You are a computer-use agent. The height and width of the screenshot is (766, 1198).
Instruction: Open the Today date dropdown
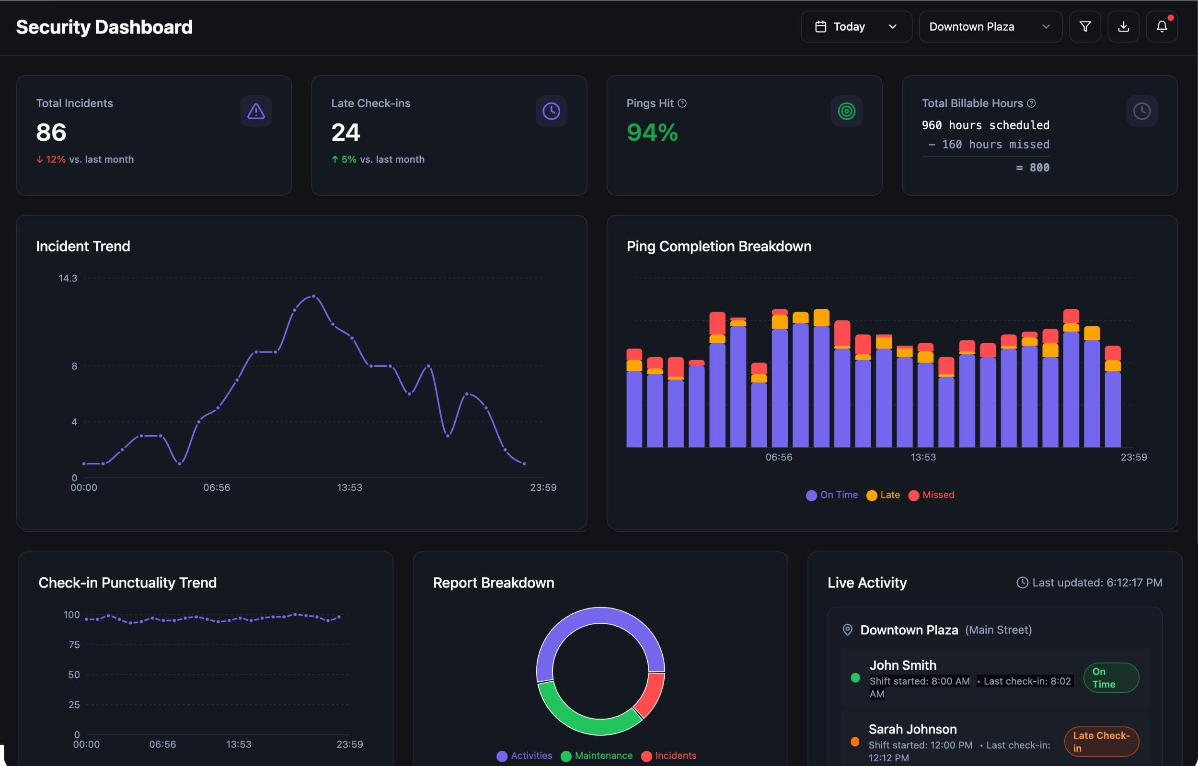855,27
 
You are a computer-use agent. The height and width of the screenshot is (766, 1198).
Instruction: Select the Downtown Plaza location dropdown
990,27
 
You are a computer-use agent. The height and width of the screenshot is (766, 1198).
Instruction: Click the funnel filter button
1084,27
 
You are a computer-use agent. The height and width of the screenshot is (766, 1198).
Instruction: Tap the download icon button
1123,27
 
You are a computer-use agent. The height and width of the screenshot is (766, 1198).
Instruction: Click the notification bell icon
1161,27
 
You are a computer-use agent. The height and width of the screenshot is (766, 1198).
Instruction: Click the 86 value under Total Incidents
51,132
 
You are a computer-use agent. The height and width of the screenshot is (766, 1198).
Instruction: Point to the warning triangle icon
256,111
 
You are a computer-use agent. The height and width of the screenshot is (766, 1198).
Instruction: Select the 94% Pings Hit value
652,132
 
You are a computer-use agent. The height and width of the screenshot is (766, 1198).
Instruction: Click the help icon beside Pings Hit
682,103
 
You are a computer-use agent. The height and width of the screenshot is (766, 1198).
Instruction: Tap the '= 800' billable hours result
1032,168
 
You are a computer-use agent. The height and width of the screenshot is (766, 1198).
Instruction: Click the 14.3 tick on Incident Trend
68,279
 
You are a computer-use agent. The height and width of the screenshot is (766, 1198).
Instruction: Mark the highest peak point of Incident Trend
313,296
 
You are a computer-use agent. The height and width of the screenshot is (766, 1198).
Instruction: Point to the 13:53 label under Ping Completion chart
923,457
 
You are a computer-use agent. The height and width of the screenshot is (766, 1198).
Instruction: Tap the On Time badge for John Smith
1110,677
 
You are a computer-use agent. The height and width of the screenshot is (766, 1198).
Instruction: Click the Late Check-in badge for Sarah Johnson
1101,741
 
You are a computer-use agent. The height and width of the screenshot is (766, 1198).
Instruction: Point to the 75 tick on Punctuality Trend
74,644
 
